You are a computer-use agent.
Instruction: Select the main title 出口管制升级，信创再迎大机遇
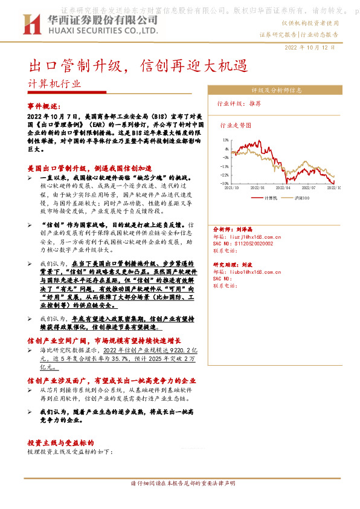tap(139, 65)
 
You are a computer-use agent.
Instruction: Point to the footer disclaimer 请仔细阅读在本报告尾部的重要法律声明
tap(181, 484)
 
